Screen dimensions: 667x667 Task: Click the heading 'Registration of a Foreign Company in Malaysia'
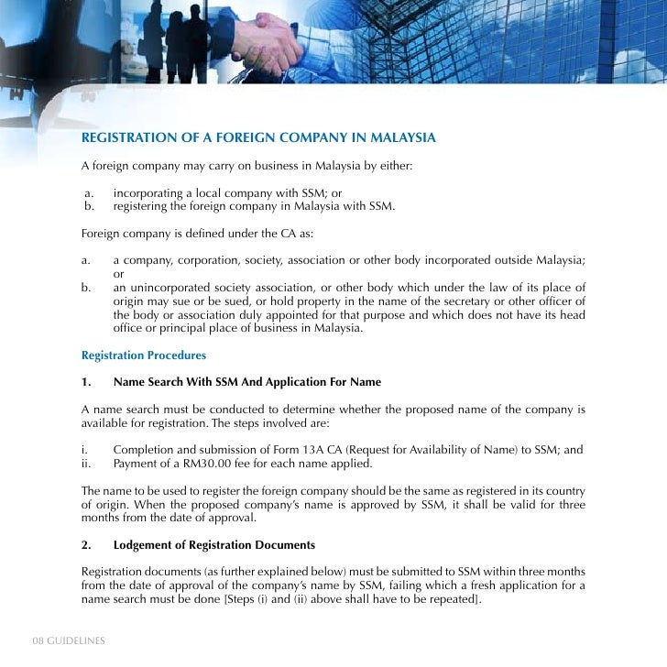258,138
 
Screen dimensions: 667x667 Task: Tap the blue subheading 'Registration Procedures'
144,355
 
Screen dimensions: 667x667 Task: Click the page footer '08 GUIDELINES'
69,640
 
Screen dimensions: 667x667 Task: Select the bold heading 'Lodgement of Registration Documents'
214,545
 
